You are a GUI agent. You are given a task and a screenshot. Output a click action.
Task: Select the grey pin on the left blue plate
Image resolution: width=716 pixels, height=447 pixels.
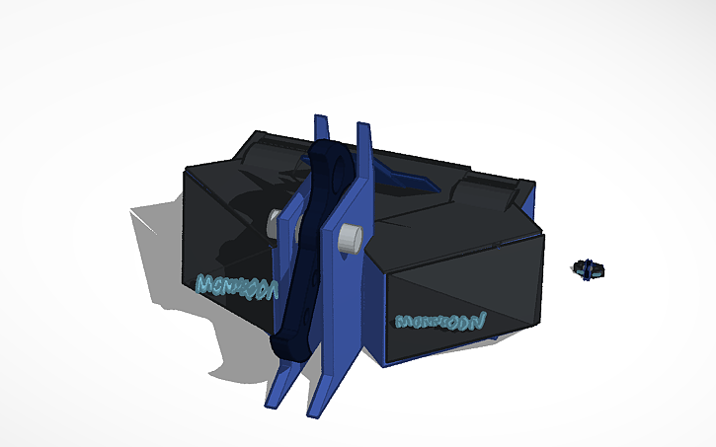(x=272, y=223)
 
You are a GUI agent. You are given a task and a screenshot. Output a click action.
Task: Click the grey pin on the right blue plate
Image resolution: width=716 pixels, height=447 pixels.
(x=350, y=239)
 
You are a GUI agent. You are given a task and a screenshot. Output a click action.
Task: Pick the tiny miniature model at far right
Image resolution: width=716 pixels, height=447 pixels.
(x=589, y=268)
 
